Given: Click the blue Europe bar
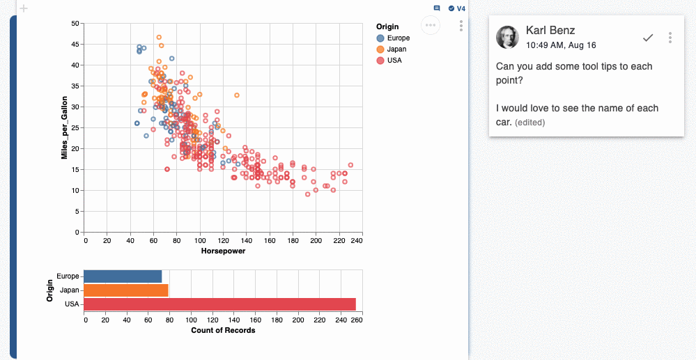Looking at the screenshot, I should tap(123, 276).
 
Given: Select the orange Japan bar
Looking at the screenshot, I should tap(126, 290).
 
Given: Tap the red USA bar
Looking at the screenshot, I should tap(219, 304).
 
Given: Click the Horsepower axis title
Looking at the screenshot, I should tap(223, 251).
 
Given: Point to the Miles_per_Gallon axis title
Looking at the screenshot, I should tap(64, 127).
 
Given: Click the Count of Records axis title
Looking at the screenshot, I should tap(223, 330).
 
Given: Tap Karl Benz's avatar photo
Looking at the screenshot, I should tap(507, 37).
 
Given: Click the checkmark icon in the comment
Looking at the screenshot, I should tap(648, 38).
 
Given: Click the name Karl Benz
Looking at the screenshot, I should tap(550, 30).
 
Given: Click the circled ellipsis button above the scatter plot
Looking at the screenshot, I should tap(431, 25).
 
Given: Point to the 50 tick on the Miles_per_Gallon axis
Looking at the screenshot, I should tap(75, 24).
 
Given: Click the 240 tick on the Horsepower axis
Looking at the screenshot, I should tap(356, 241).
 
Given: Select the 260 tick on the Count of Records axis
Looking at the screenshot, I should tap(356, 320).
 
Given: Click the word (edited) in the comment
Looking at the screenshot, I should tap(529, 123).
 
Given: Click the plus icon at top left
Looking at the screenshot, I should tap(24, 8).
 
